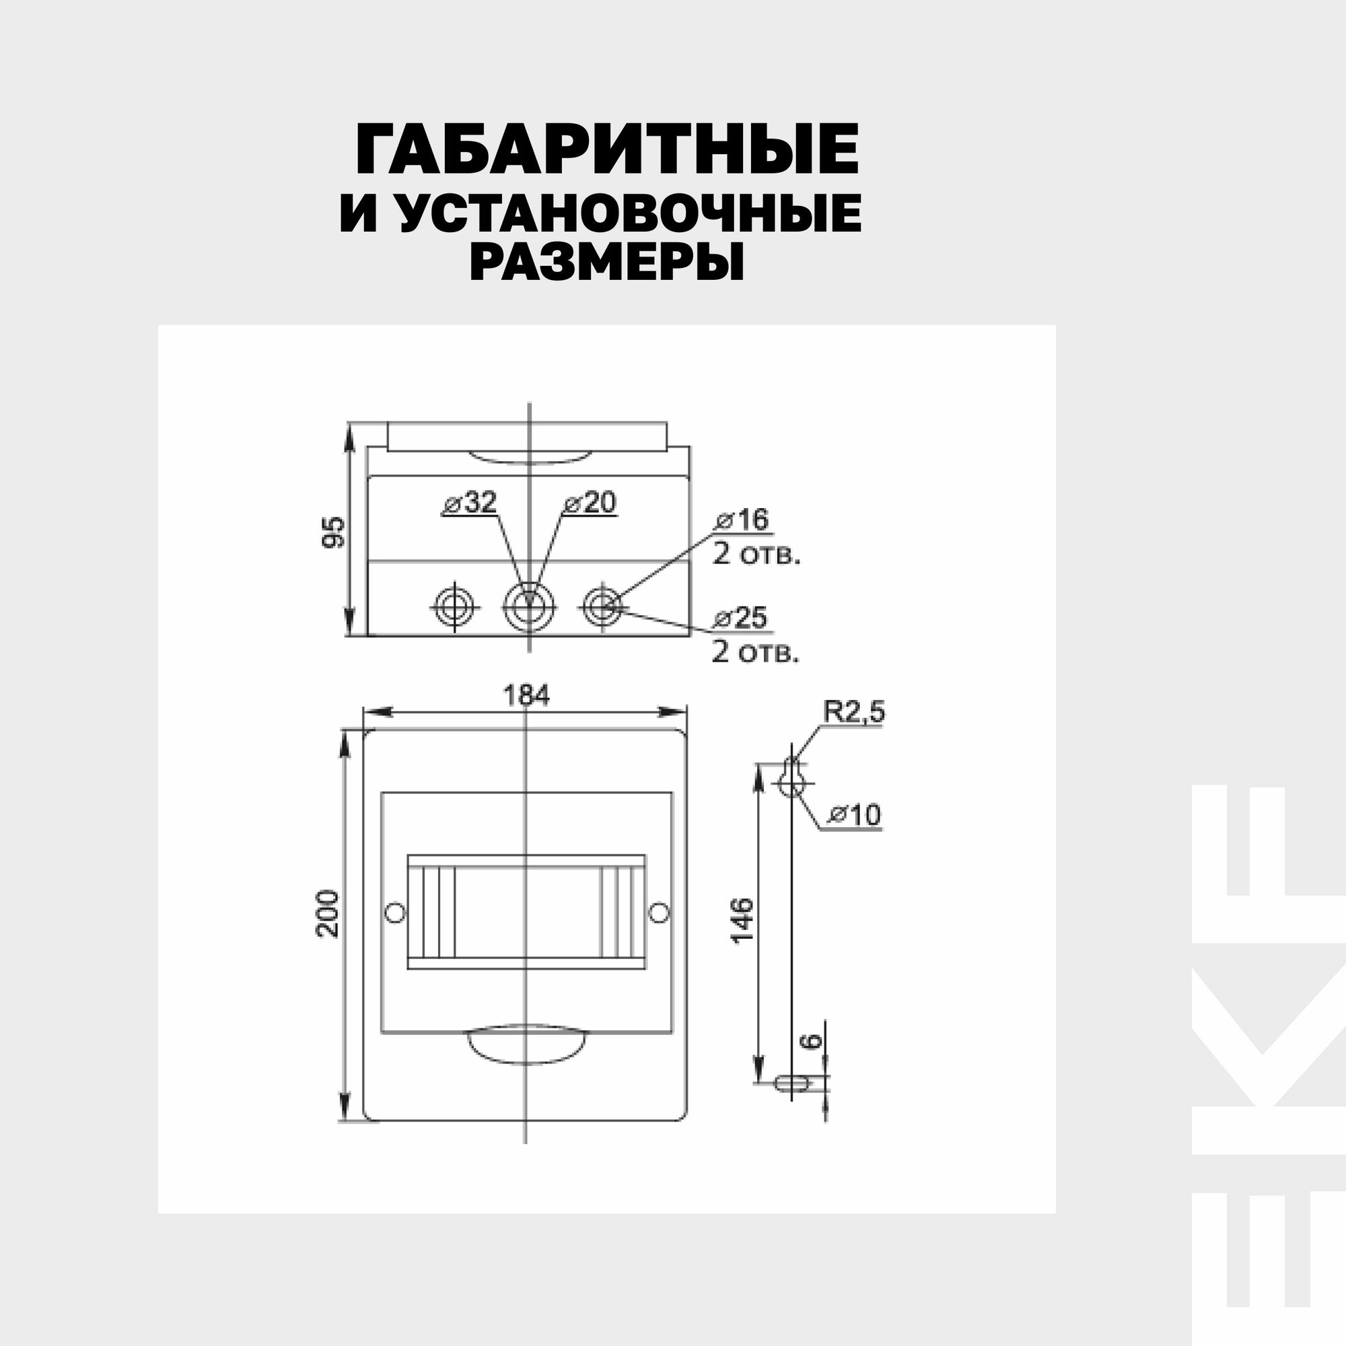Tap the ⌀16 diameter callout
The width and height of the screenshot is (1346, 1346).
pos(742,519)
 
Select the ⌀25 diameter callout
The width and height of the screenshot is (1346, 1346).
pos(741,617)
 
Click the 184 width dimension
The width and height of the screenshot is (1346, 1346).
pos(526,695)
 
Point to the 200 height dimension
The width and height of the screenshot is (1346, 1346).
pos(328,913)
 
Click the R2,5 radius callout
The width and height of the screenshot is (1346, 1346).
pos(853,712)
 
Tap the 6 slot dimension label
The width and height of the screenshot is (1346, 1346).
pos(810,1061)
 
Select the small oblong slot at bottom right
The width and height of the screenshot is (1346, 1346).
pos(792,1102)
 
